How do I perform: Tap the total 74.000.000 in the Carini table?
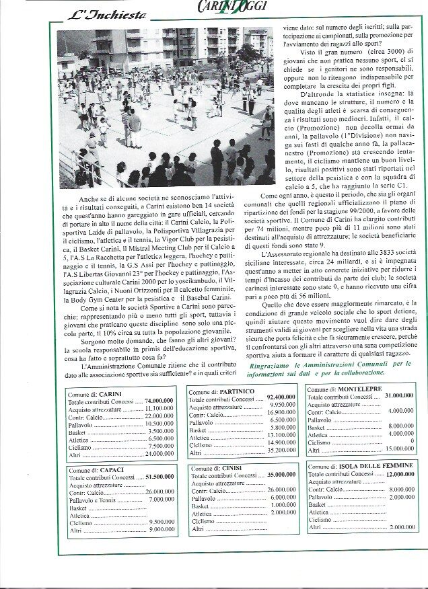click(160, 401)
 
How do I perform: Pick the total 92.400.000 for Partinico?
click(281, 398)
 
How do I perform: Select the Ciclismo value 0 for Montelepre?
click(411, 442)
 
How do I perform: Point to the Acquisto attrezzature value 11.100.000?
click(160, 408)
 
